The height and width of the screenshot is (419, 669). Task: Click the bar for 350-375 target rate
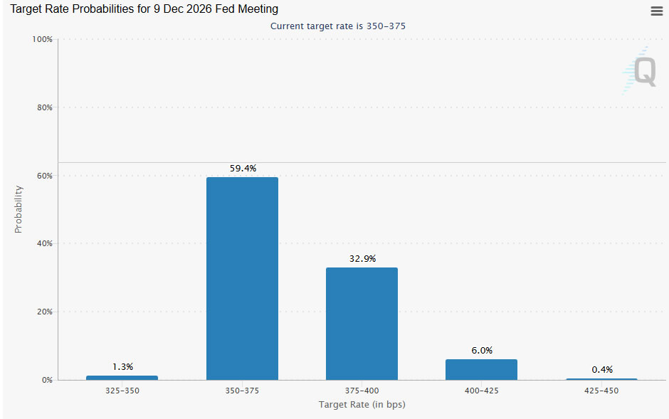(x=242, y=278)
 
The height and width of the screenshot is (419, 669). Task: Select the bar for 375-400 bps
(x=362, y=324)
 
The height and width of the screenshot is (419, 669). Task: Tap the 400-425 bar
(x=481, y=369)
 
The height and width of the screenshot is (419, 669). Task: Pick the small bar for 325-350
(x=122, y=378)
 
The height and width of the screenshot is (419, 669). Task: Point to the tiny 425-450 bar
(x=601, y=379)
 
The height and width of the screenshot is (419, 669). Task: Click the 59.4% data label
(x=243, y=169)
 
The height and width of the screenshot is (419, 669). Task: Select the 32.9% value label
(x=363, y=259)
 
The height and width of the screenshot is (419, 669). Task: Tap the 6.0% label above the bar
(x=482, y=351)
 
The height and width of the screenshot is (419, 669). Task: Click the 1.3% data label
(x=123, y=366)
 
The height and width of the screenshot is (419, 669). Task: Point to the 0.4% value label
(x=602, y=369)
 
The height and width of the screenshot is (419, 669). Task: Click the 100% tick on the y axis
(x=42, y=39)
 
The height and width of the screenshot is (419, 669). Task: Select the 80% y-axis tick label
(x=44, y=107)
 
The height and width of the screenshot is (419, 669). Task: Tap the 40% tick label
(x=44, y=243)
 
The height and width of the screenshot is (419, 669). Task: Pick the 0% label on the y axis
(x=47, y=380)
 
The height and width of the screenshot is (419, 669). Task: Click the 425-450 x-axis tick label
(x=601, y=391)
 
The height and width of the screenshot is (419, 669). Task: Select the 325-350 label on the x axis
(x=122, y=391)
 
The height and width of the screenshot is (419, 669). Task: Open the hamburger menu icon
(x=657, y=11)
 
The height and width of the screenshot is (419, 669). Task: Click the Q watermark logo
(x=640, y=70)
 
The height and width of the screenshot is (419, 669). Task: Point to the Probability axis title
(x=18, y=209)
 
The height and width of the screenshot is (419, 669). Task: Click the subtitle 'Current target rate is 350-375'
(x=338, y=26)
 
